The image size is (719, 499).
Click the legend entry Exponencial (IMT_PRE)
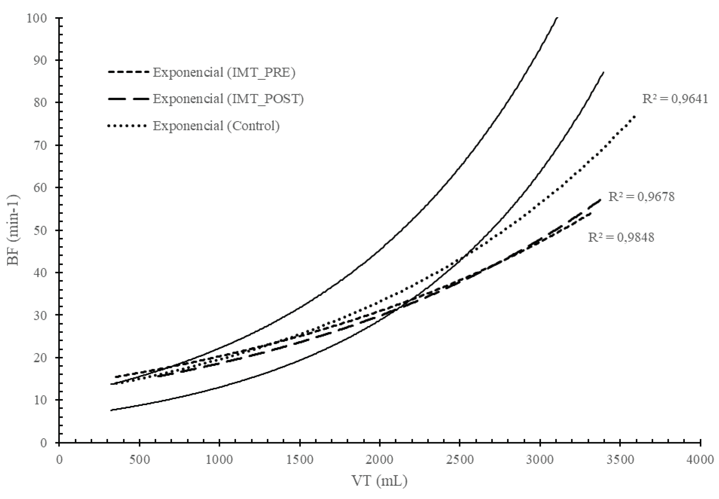224,72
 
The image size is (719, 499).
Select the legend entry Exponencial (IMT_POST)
228,99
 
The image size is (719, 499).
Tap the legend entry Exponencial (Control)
216,126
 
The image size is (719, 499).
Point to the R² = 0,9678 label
641,197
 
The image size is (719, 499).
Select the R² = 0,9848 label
621,238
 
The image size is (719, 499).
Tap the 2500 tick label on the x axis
459,460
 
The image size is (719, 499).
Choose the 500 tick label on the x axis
139,460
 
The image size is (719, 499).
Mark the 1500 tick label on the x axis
299,460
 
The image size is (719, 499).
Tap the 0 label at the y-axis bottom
44,443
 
